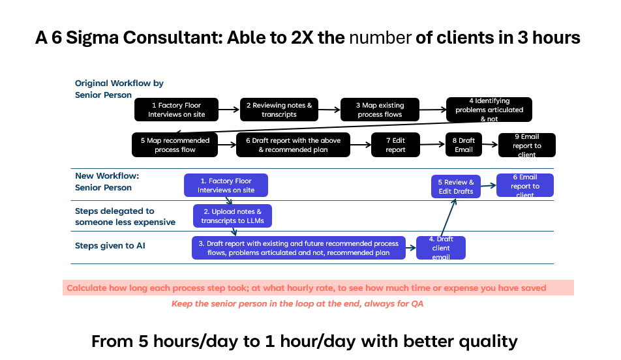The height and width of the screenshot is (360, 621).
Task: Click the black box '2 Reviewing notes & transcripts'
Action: (x=279, y=110)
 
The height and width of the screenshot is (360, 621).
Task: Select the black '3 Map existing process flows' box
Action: (x=380, y=110)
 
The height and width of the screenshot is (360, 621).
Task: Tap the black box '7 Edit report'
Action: (x=395, y=145)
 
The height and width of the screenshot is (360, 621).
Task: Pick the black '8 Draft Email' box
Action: (x=466, y=145)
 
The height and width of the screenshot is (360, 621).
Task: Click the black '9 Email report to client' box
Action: (x=526, y=145)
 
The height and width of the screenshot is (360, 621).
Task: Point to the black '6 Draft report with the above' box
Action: (x=293, y=145)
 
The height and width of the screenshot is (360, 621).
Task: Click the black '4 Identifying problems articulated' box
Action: (x=489, y=110)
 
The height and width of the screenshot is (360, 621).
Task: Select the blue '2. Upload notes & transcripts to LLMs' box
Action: (x=232, y=216)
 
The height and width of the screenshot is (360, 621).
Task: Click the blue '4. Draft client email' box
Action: (x=441, y=248)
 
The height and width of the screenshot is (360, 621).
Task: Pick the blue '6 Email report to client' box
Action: (x=525, y=185)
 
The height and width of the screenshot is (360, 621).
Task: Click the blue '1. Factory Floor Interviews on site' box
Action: (x=226, y=185)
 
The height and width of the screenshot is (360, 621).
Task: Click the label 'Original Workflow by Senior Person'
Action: (x=119, y=89)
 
